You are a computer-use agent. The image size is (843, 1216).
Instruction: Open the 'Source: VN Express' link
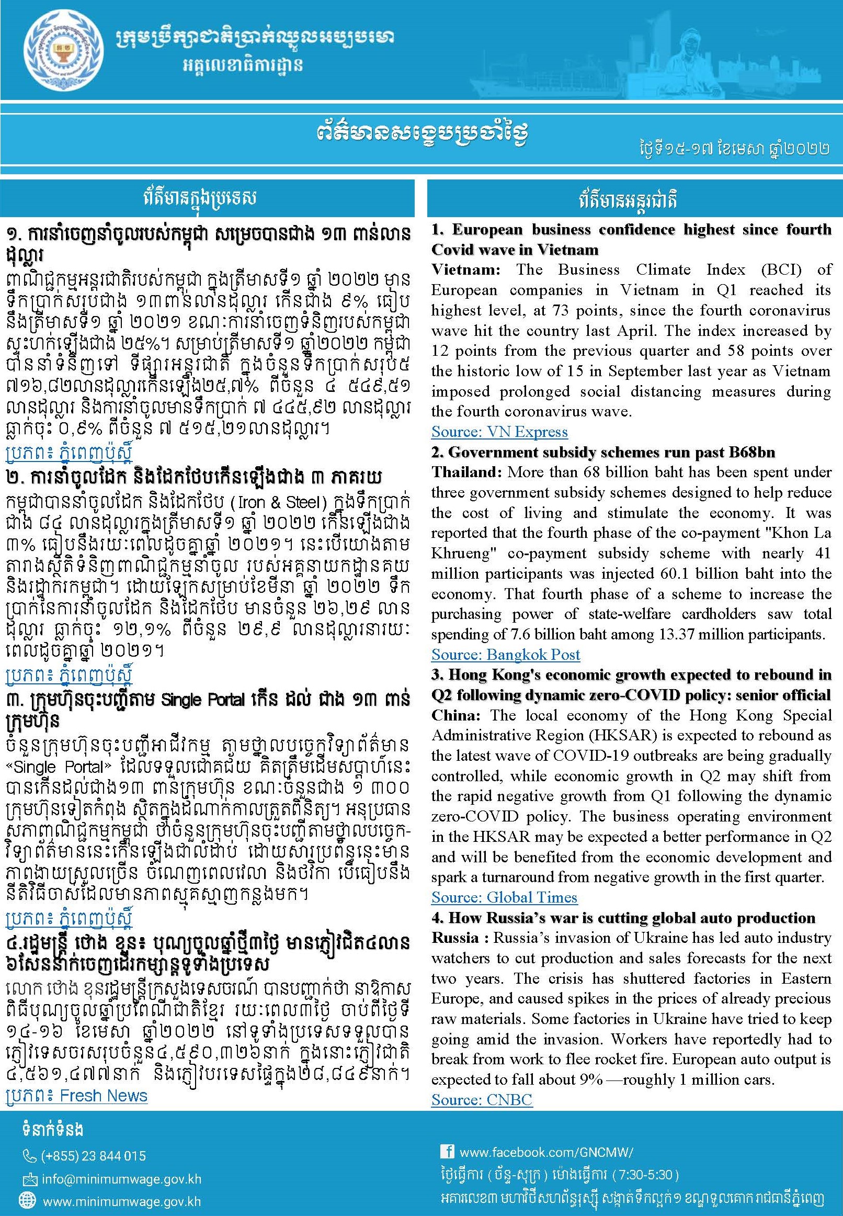[x=499, y=432]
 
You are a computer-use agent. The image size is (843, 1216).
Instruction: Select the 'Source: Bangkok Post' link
[x=506, y=655]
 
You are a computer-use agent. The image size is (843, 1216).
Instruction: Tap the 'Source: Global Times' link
[x=504, y=897]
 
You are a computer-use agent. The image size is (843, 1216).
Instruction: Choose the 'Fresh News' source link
[x=103, y=1096]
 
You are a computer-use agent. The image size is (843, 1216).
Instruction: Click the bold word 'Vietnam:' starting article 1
[x=465, y=270]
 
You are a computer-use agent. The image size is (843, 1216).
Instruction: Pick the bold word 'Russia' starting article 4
[x=455, y=938]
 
